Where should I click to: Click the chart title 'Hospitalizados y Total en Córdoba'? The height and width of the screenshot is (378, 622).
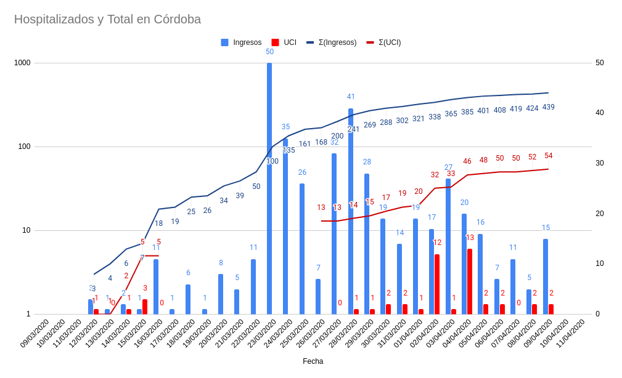(x=107, y=19)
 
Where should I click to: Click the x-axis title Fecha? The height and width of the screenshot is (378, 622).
(x=313, y=361)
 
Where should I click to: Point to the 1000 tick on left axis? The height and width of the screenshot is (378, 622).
(x=22, y=63)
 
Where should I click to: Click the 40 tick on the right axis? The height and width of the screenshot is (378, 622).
(x=599, y=113)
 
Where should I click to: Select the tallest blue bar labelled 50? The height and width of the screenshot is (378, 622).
(x=269, y=188)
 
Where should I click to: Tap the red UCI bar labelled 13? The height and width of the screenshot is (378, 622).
(x=470, y=281)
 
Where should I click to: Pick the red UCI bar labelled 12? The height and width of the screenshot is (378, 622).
(x=437, y=284)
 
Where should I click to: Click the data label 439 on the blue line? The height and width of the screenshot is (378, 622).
(x=548, y=107)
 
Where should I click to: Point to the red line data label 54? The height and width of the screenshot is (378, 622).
(x=548, y=156)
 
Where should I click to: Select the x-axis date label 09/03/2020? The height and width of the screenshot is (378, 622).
(x=35, y=334)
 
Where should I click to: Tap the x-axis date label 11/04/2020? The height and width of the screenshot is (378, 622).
(x=570, y=334)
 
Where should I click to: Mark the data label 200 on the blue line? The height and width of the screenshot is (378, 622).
(x=337, y=136)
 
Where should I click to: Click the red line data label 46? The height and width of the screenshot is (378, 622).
(x=467, y=161)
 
